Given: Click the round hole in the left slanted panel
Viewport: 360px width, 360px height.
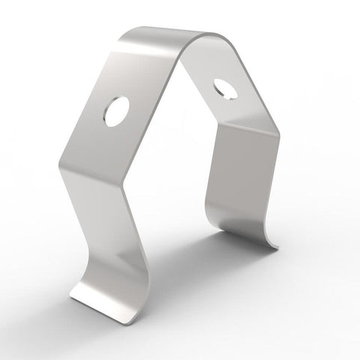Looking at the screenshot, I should point(117,112).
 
